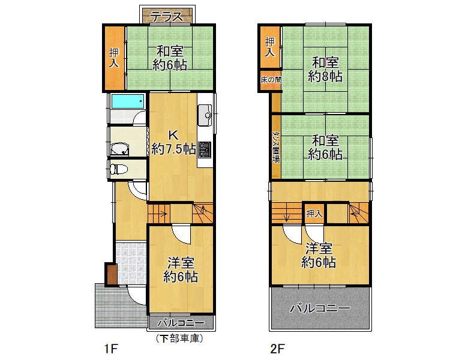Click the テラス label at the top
(x=167, y=17)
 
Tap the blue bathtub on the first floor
(x=128, y=101)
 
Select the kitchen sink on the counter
(x=205, y=115)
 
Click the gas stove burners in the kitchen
(x=205, y=149)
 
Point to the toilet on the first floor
(x=118, y=169)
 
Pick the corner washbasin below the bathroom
(x=119, y=149)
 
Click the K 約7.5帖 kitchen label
(x=173, y=142)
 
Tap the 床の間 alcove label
(x=271, y=80)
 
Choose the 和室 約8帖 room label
(x=325, y=70)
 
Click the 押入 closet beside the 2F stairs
(x=314, y=214)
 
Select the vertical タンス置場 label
(x=276, y=147)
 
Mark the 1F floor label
(x=111, y=349)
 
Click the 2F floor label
(x=278, y=349)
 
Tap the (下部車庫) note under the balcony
(x=179, y=338)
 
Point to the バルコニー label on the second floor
(x=320, y=308)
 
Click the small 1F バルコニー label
(x=181, y=322)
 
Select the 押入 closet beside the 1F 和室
(x=114, y=58)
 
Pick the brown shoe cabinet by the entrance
(x=111, y=274)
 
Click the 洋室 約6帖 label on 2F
(x=319, y=255)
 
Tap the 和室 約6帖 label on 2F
(x=325, y=148)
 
